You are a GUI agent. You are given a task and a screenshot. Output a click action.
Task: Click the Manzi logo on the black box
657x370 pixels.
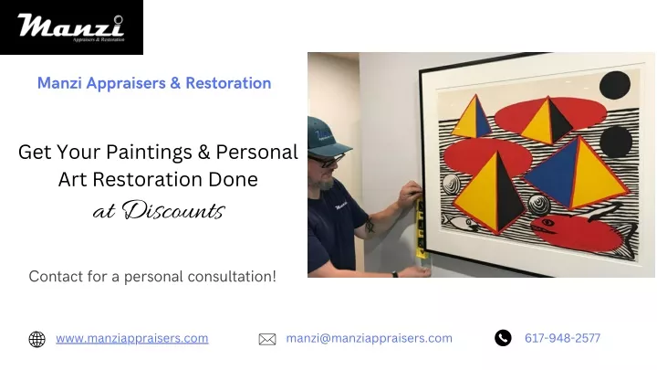71,27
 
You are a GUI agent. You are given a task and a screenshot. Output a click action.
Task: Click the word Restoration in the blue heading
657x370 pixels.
228,83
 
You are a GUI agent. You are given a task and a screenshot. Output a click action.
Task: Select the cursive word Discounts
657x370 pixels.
173,210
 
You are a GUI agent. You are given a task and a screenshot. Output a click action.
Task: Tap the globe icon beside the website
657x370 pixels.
36,339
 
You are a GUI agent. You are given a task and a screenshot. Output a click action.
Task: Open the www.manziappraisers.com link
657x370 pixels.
132,338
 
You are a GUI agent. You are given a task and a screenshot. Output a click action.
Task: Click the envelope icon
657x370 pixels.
267,339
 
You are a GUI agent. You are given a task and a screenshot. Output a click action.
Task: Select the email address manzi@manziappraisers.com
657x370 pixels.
370,338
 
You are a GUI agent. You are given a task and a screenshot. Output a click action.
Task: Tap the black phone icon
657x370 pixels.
503,338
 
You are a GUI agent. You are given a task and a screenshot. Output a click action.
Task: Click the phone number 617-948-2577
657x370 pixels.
562,338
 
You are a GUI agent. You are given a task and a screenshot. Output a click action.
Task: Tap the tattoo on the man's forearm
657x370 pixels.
370,225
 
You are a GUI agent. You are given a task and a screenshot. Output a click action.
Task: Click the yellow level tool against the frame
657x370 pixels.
421,228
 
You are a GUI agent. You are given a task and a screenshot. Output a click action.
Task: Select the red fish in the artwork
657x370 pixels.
583,233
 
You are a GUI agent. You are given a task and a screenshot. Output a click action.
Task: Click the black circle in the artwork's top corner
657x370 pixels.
615,85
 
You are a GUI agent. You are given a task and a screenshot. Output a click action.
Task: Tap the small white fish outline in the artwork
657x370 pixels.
460,221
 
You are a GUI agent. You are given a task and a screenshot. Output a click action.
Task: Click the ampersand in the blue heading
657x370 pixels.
175,83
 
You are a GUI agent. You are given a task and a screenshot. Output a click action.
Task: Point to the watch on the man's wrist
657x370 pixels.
395,275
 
